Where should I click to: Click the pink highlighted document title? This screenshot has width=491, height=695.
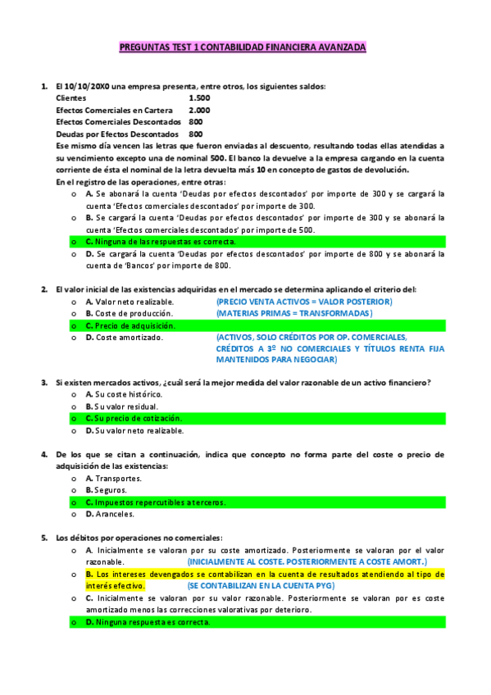(243, 48)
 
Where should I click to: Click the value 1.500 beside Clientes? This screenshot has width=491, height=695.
(199, 98)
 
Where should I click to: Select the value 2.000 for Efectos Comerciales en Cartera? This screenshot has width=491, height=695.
(199, 109)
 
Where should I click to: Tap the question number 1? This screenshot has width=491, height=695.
(44, 86)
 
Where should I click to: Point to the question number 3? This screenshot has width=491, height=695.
(44, 383)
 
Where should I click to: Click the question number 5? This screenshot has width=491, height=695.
(44, 538)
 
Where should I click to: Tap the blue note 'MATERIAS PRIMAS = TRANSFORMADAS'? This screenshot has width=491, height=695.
(293, 313)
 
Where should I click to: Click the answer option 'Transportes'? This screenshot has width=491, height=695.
(119, 478)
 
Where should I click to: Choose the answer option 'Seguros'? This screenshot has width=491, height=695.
(112, 490)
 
